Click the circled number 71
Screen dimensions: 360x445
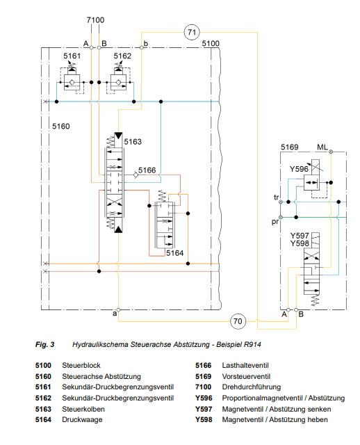tap(192, 32)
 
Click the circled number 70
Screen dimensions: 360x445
tap(238, 321)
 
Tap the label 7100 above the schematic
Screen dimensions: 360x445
tap(95, 20)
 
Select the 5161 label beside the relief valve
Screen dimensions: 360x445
tap(72, 56)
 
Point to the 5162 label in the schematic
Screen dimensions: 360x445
tap(122, 56)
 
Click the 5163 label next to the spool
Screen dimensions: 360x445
tap(133, 142)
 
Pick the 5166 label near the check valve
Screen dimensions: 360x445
tap(147, 170)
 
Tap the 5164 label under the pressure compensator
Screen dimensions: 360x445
tap(174, 253)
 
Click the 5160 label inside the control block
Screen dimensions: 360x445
tap(61, 127)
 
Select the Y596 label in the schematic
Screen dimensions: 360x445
tap(299, 169)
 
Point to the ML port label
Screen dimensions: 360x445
tap(322, 147)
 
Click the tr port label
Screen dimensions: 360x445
tap(277, 197)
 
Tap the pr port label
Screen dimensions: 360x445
tap(275, 222)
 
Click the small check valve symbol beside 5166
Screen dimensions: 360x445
tap(136, 175)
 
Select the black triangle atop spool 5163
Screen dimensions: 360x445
tap(118, 136)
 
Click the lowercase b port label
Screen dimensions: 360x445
tap(146, 44)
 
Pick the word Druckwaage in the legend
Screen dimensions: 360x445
tap(82, 420)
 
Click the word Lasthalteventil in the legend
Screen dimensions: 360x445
tap(245, 365)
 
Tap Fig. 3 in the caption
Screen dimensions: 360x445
tap(44, 345)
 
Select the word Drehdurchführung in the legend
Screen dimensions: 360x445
tap(252, 387)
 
